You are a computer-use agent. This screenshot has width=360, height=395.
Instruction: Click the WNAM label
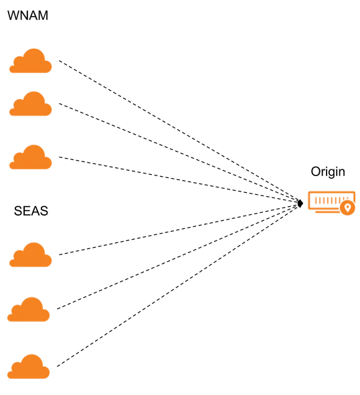click(x=27, y=15)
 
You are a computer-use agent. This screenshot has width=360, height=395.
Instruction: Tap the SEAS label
click(x=31, y=211)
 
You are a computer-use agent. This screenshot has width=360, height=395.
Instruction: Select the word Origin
click(x=328, y=172)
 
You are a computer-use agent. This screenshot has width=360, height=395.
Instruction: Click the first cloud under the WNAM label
click(x=31, y=61)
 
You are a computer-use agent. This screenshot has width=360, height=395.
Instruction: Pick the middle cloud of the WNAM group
click(x=31, y=104)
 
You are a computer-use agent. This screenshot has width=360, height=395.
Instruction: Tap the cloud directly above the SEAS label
click(x=31, y=157)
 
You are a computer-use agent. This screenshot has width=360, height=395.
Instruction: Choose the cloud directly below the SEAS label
click(x=31, y=254)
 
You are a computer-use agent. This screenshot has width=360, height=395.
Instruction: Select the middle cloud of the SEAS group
click(x=29, y=309)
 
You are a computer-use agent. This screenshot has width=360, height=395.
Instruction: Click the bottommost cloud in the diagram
click(x=29, y=366)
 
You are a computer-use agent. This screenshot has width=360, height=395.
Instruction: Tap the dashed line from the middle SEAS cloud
click(x=177, y=257)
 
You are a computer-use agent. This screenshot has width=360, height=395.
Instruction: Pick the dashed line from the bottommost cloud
click(x=177, y=286)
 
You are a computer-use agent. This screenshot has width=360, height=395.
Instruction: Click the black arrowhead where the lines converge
click(x=300, y=204)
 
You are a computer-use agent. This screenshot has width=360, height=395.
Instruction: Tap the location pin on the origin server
click(x=347, y=208)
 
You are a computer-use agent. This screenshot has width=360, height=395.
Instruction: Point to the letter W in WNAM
click(x=13, y=15)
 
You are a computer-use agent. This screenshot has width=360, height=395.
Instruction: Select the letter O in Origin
click(x=315, y=171)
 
